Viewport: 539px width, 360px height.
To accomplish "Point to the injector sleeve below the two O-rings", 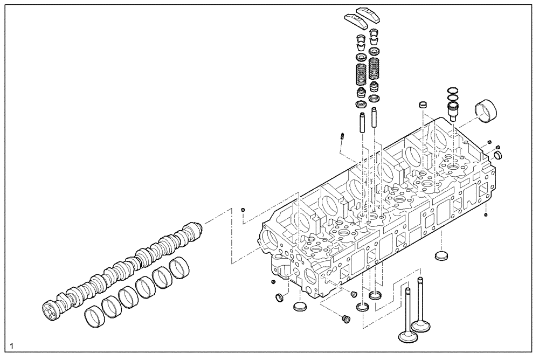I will pyautogui.click(x=452, y=111).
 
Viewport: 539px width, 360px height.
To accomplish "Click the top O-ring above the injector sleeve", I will pyautogui.click(x=452, y=90).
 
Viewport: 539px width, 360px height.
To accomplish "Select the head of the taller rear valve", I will pyautogui.click(x=421, y=325).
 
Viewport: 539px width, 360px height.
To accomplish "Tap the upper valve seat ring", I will pyautogui.click(x=375, y=295).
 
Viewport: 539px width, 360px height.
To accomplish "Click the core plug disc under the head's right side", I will pyautogui.click(x=441, y=254).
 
